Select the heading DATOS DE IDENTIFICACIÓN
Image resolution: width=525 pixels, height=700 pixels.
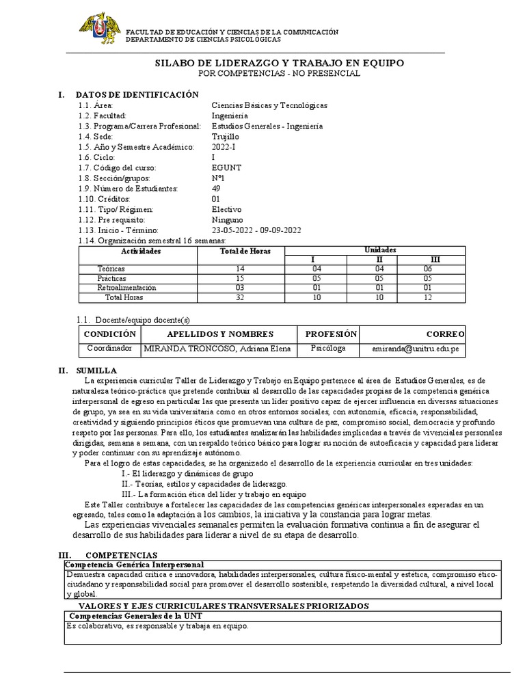[x=137, y=94]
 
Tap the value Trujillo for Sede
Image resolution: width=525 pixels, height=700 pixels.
[x=226, y=137]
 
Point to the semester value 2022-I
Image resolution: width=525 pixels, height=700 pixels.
[x=226, y=147]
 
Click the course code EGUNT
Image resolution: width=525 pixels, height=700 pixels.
[x=226, y=167]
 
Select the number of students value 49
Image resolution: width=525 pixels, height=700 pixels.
[x=217, y=188]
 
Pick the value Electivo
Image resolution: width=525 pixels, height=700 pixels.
[x=227, y=208]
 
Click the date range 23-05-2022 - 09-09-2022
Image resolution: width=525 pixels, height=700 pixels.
[x=256, y=230]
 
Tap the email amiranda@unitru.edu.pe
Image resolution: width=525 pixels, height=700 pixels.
[x=414, y=348]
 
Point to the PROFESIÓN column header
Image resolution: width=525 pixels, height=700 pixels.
[x=331, y=334]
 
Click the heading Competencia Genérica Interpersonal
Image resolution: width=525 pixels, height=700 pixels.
[x=134, y=565]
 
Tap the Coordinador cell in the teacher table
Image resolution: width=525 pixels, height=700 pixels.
[x=109, y=348]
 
